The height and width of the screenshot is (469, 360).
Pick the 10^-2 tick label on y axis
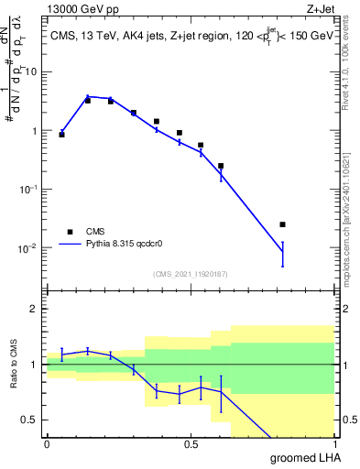29,248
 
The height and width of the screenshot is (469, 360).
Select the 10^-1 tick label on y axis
29,189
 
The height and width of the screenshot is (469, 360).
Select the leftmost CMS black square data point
61,135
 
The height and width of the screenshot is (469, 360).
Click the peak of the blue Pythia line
88,96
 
